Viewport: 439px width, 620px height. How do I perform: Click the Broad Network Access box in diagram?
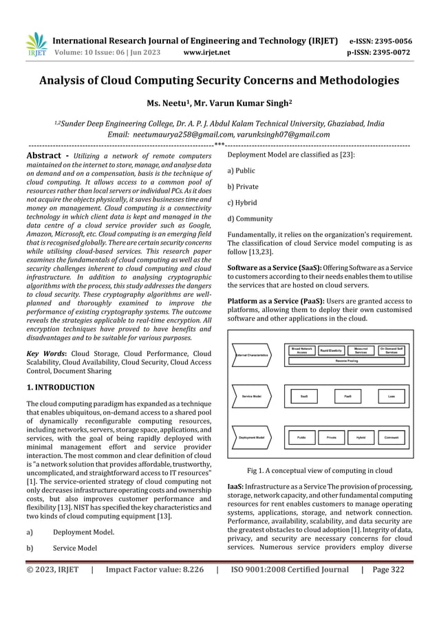[301, 351]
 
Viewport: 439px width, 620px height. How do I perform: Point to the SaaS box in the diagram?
[303, 397]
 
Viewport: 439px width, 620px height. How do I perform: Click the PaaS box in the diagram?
[347, 397]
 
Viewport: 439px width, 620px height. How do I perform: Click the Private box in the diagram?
[331, 436]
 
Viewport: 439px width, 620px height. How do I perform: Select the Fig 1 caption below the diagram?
[319, 471]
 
